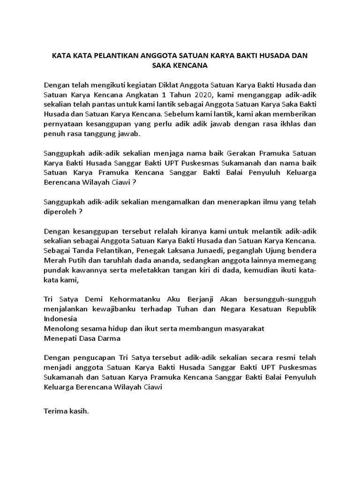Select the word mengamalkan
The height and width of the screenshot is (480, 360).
[192, 202]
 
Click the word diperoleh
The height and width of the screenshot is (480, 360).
[60, 211]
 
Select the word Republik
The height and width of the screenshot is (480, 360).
[299, 309]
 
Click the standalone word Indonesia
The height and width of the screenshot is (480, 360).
[60, 319]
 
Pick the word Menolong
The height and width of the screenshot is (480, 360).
[60, 328]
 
